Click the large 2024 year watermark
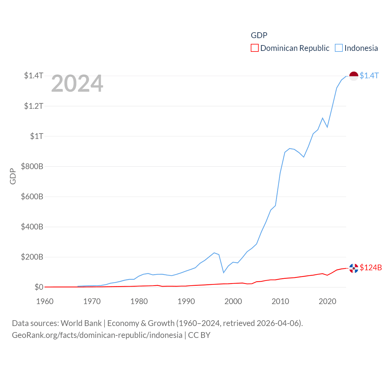coord(77,84)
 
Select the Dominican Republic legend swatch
coord(255,48)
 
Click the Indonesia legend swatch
coord(339,48)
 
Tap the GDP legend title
coord(259,35)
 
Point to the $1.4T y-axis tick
coord(34,76)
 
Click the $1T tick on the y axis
coord(37,136)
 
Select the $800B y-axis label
coord(32,166)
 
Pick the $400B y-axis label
coord(32,227)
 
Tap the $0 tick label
coord(39,287)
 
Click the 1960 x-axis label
coord(45,301)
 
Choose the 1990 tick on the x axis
coord(186,301)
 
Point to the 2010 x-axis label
coord(280,301)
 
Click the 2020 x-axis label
coord(327,301)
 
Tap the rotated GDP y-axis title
coord(13,176)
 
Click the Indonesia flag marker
coord(353,76)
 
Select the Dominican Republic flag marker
coord(353,268)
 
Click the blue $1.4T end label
coord(369,76)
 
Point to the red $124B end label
coord(370,268)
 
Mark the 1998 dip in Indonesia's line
coord(224,272)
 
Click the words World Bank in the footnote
coord(81,323)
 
